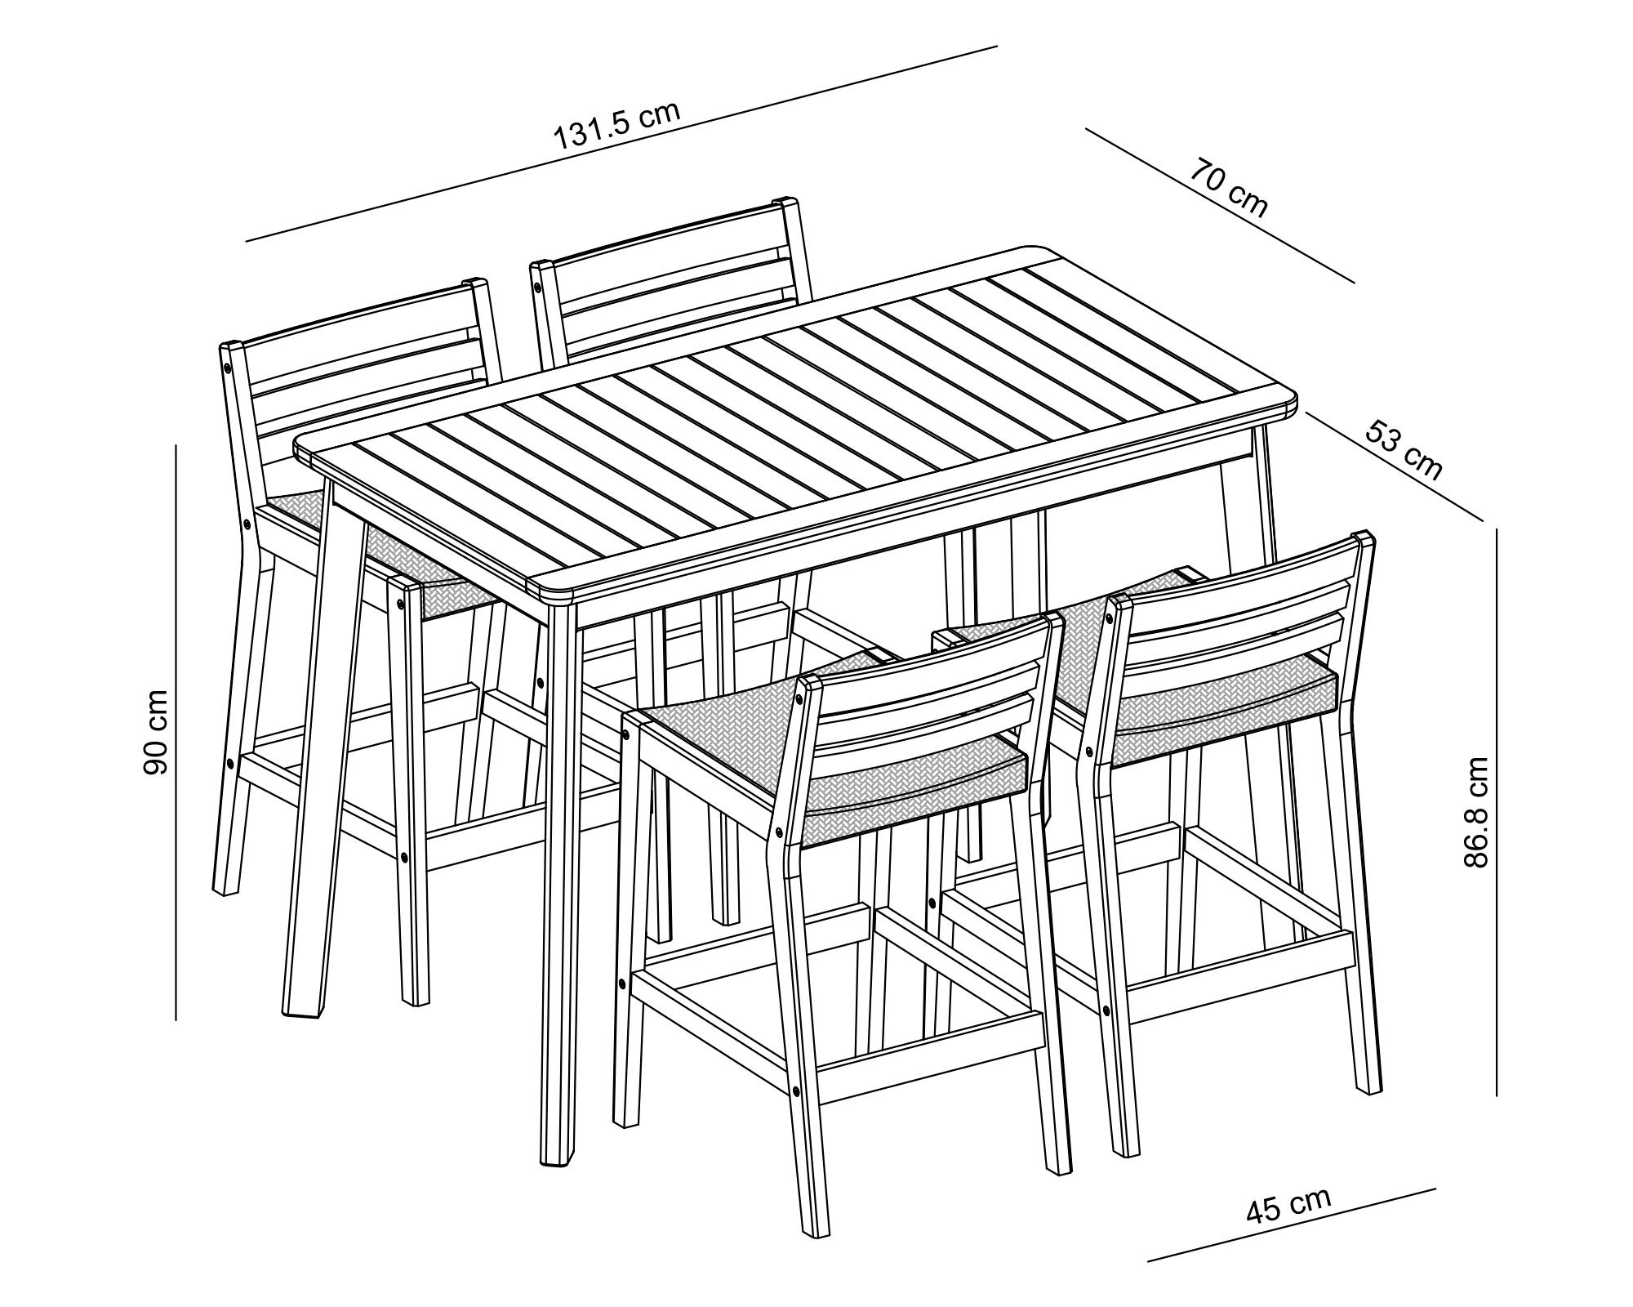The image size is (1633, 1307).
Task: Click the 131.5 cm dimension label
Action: (616, 126)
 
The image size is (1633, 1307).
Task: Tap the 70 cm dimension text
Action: (1228, 189)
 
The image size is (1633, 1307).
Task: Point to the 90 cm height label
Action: (155, 731)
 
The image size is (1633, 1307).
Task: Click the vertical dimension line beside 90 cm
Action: (176, 731)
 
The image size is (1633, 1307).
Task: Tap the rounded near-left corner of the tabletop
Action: (306, 449)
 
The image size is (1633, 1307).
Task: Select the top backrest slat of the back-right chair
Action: (665, 245)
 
